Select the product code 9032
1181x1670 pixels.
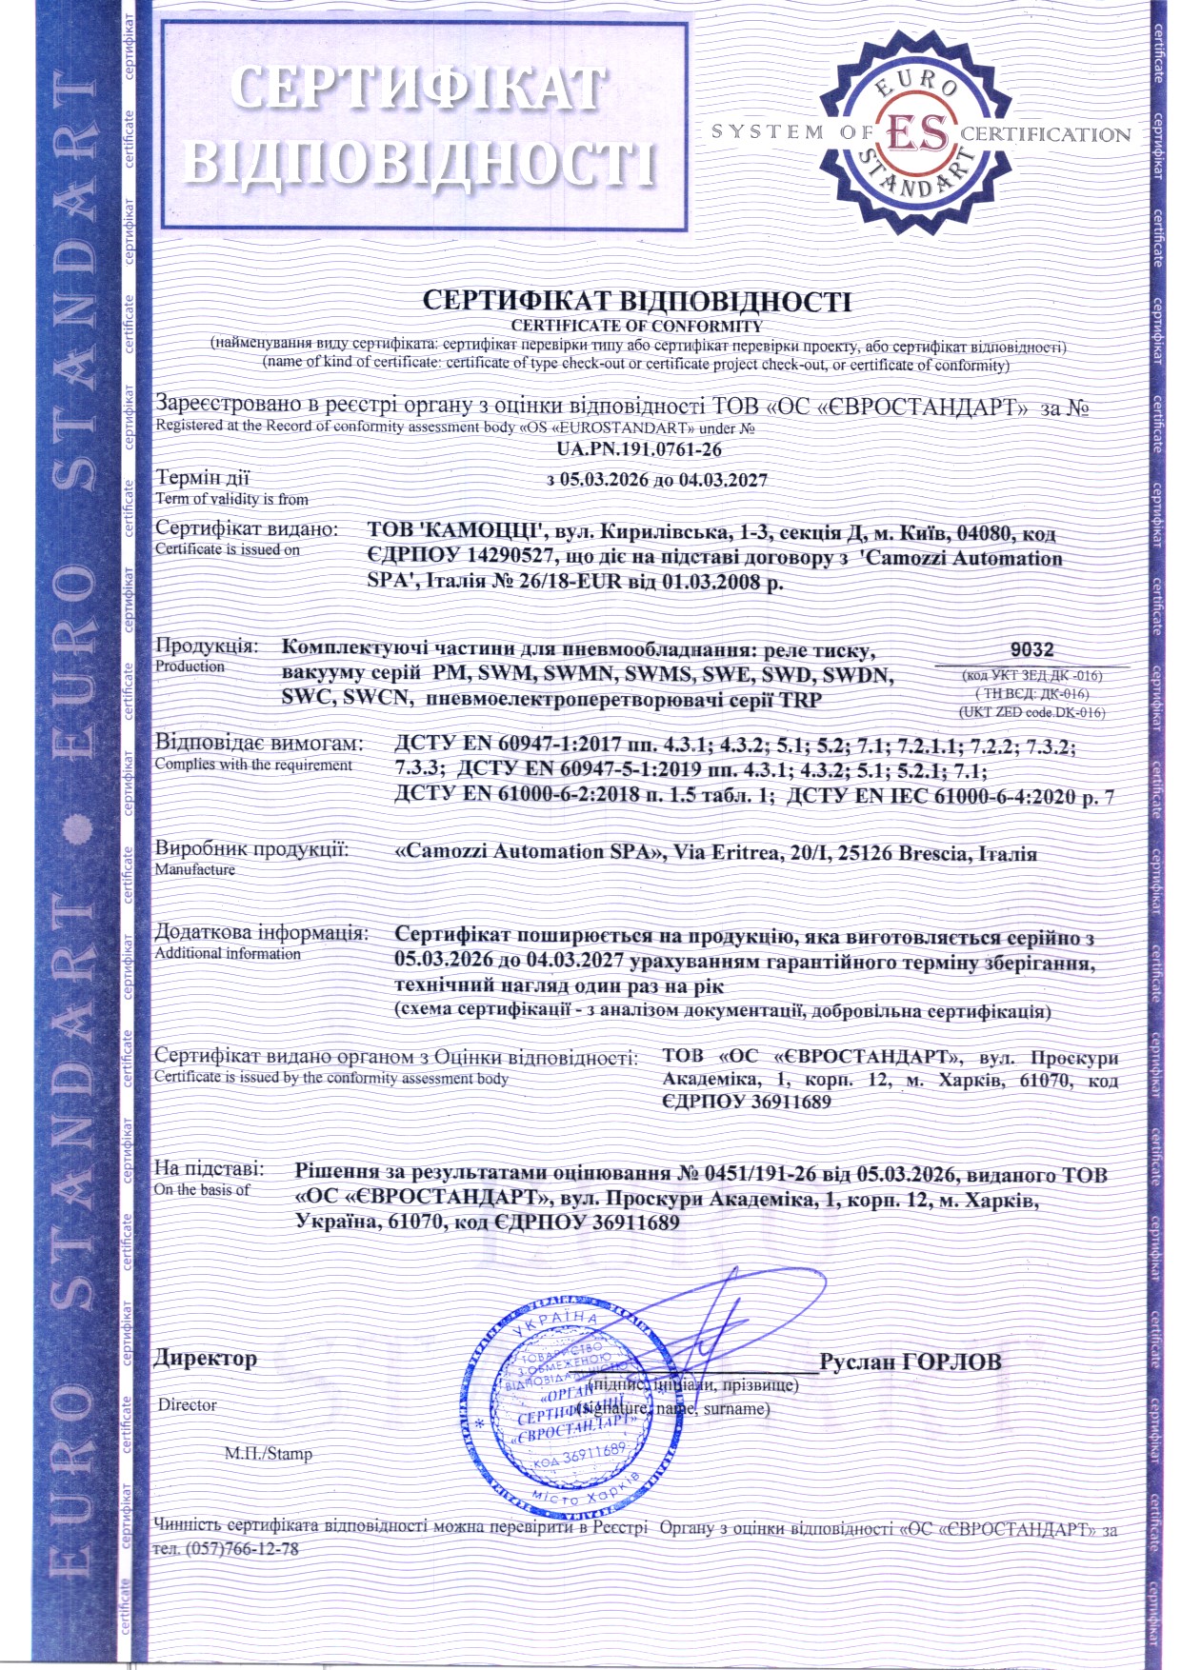point(1031,649)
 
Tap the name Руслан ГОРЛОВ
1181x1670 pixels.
point(911,1362)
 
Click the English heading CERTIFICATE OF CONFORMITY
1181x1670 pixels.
point(636,326)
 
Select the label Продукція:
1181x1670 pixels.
point(207,646)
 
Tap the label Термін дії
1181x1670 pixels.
point(202,478)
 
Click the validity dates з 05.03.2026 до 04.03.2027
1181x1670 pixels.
point(656,479)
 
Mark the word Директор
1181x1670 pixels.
point(206,1359)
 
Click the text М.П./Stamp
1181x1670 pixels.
point(268,1454)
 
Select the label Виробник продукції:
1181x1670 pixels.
point(251,848)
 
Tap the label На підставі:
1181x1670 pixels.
point(210,1169)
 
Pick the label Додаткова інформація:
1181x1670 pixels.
point(261,932)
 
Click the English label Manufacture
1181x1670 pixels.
point(195,869)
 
